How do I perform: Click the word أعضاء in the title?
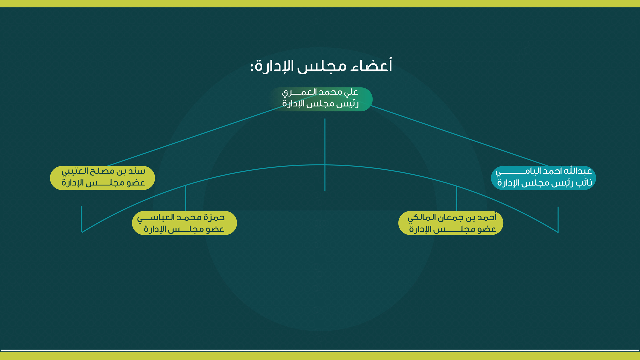click(x=372, y=66)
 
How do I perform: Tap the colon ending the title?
click(x=252, y=66)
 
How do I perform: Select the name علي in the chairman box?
click(x=351, y=92)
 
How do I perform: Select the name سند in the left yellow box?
click(x=137, y=171)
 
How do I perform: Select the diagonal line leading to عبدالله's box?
click(x=460, y=136)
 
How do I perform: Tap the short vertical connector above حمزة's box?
click(x=186, y=198)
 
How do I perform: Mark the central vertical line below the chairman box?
click(x=325, y=155)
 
